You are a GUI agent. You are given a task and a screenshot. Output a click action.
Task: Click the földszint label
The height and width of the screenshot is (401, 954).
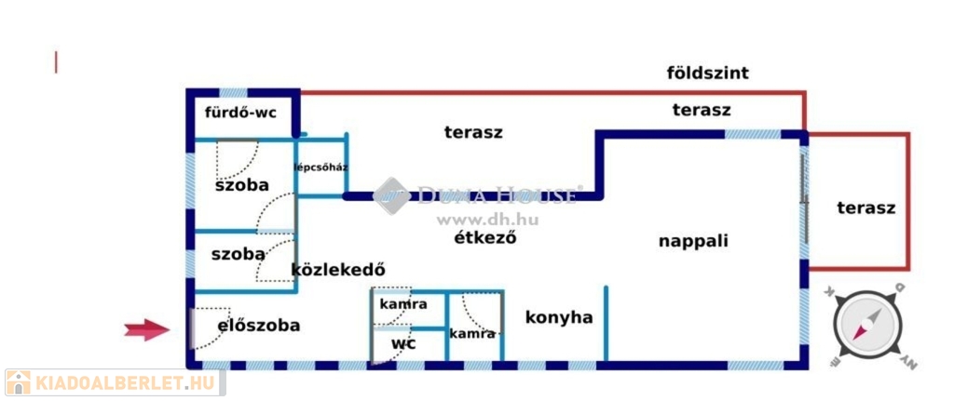coord(708,73)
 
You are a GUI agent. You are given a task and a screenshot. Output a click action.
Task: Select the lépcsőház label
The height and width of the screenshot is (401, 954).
coord(320,168)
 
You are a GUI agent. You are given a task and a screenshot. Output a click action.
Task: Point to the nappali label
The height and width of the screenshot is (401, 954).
coord(693,241)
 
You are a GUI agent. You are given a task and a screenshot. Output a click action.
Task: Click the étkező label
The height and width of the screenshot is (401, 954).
coord(484,236)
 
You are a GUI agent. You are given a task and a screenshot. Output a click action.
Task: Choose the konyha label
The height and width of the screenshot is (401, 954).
coord(559,317)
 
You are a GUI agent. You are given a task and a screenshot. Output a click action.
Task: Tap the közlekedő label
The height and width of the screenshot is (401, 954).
coord(338,270)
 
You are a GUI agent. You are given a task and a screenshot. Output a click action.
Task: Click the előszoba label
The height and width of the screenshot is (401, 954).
coord(258,326)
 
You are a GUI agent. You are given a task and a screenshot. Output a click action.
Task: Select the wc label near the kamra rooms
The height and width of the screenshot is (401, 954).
coord(402,343)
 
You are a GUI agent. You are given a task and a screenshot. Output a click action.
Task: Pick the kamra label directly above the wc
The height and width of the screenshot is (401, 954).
coord(402,304)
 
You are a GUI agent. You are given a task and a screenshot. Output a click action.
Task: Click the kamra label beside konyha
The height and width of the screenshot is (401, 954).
coord(472,333)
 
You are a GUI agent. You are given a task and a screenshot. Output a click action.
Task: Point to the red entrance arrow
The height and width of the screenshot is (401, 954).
coord(147,328)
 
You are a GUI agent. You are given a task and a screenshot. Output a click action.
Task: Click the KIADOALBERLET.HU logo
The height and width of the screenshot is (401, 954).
coord(114,382)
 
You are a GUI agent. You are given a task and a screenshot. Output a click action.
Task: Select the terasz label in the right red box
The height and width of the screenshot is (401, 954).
coord(865,207)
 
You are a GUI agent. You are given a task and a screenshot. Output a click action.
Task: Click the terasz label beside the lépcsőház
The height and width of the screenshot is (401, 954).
coord(473,132)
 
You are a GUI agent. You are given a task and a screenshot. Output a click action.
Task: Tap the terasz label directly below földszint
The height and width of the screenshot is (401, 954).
coord(702,110)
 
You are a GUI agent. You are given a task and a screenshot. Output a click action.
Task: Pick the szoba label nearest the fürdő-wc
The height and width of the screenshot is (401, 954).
coord(241,185)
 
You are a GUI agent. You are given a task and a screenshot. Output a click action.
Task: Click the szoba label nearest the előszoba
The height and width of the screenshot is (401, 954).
coord(238,253)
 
